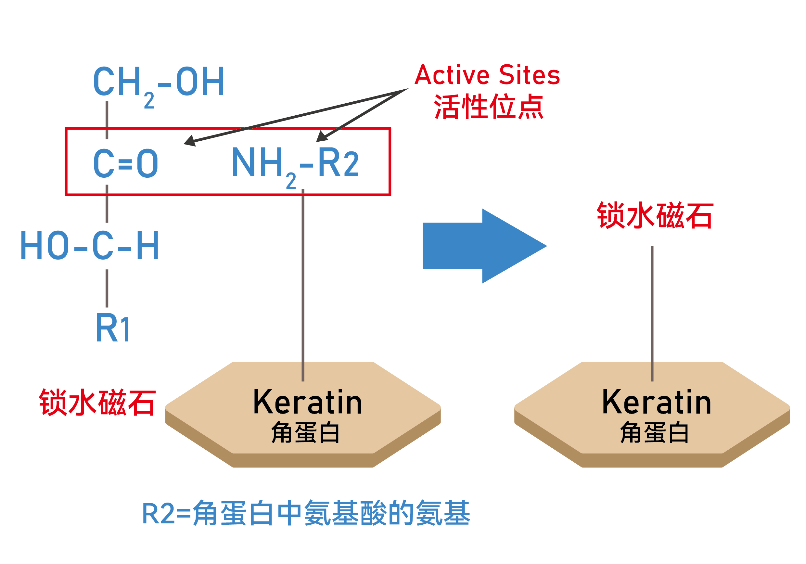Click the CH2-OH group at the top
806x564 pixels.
click(159, 83)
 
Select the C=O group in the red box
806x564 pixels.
click(126, 163)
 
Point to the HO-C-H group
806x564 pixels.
click(90, 246)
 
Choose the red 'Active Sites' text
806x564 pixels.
click(487, 75)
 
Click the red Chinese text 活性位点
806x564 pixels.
click(488, 107)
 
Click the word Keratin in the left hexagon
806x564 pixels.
click(307, 403)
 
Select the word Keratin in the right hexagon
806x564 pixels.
click(657, 403)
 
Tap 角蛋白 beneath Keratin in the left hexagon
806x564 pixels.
click(305, 433)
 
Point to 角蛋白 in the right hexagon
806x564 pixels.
click(654, 433)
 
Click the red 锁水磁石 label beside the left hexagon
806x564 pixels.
click(97, 403)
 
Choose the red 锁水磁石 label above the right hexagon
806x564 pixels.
click(655, 215)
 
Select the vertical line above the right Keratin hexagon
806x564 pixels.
click(652, 312)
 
